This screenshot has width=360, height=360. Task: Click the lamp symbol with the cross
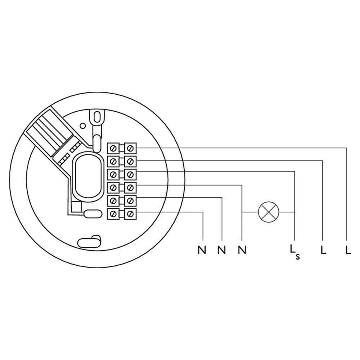click(269, 212)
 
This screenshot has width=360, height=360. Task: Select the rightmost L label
click(348, 249)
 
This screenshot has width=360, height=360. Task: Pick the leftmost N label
click(202, 249)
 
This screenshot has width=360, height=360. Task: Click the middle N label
click(221, 249)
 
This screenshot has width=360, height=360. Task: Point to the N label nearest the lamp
click(242, 249)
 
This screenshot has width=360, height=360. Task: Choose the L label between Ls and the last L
click(323, 249)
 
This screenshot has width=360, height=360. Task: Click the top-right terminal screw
click(130, 148)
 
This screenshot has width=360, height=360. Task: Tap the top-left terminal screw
click(113, 148)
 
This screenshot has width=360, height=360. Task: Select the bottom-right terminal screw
click(130, 214)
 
